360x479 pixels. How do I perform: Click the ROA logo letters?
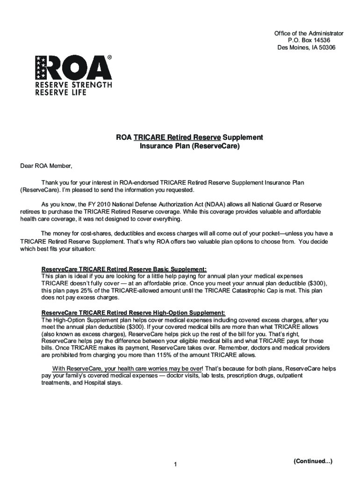coord(79,68)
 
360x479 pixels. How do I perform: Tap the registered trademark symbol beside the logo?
coord(110,57)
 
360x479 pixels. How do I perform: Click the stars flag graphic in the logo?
coord(40,67)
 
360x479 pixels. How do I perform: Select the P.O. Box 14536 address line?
coord(309,41)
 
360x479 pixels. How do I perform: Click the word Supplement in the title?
coord(243,138)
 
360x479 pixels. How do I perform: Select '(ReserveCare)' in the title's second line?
coord(215,146)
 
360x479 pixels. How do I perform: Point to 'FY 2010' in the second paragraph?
coord(98,204)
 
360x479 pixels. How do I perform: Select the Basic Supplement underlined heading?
coord(124,269)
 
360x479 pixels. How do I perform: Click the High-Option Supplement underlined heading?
coord(133,312)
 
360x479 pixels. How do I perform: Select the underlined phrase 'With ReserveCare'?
coord(76,368)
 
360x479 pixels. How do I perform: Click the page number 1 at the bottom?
coord(174,464)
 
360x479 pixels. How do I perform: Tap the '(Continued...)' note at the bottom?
coord(313,461)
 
